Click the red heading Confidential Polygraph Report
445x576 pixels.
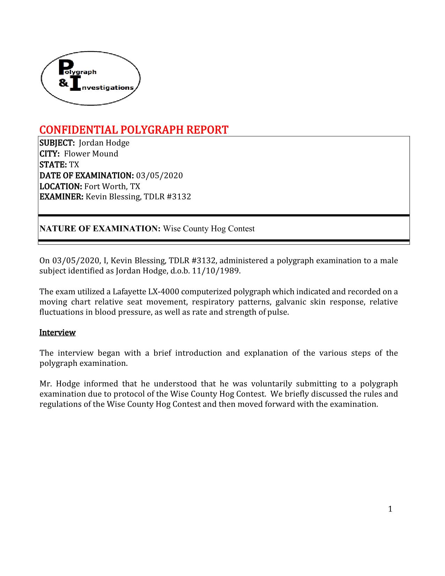(x=134, y=130)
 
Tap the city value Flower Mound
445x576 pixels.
(x=91, y=154)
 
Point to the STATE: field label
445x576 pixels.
(x=53, y=164)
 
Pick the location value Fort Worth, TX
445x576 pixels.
(x=112, y=186)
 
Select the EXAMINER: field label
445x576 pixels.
(x=61, y=197)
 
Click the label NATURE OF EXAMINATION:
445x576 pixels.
(x=100, y=229)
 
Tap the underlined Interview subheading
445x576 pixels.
(x=57, y=332)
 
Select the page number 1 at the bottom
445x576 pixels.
(x=390, y=509)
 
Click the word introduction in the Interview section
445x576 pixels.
(x=198, y=353)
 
